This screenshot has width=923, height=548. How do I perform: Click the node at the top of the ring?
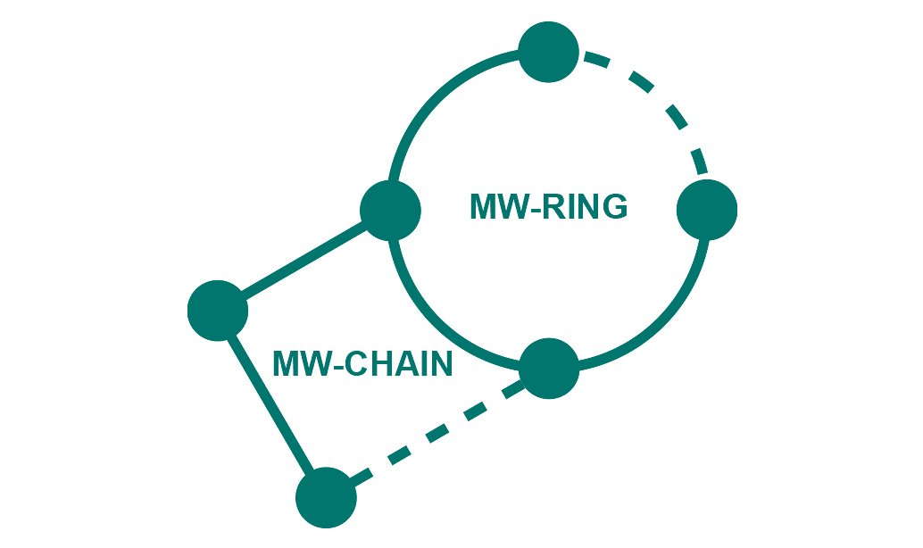pos(549,52)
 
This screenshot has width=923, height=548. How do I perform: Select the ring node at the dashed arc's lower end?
pos(707,210)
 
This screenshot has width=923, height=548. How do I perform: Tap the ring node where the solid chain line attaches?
pos(390,210)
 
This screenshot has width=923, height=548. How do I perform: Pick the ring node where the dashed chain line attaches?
pos(549,369)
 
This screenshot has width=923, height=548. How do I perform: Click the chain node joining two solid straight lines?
pos(218,310)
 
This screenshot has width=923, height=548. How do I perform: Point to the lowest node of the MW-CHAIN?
pos(326,497)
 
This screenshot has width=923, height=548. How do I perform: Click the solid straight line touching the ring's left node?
pos(304,260)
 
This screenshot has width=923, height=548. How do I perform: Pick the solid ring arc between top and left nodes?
pos(437,97)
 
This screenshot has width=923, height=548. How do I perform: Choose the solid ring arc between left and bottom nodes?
pos(437,322)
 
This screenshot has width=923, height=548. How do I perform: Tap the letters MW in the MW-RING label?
pos(494,207)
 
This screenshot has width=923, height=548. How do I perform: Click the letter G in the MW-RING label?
pos(613,207)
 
